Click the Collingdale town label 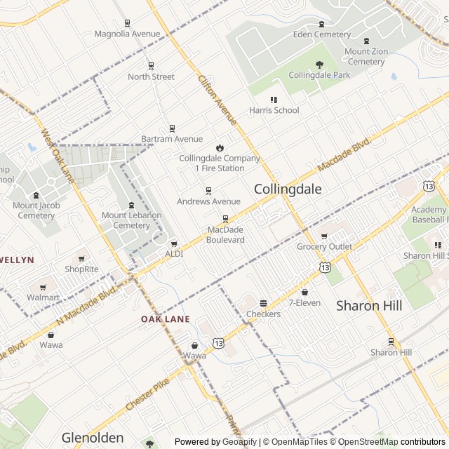tap(288, 189)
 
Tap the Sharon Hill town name tap(368, 305)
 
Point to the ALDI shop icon tap(174, 243)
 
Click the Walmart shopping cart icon tap(43, 287)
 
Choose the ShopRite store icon tap(81, 259)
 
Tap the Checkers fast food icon tap(263, 303)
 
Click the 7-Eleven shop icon tap(304, 292)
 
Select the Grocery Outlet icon tap(324, 236)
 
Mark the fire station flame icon tap(220, 147)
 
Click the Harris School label tap(274, 110)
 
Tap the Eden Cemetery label tap(322, 34)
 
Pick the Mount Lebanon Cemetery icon tap(131, 205)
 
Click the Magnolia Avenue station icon tap(127, 22)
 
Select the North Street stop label tap(151, 76)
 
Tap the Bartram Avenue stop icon tap(172, 128)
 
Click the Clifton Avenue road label tap(217, 100)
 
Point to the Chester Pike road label tap(149, 396)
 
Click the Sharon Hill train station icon tap(391, 342)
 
